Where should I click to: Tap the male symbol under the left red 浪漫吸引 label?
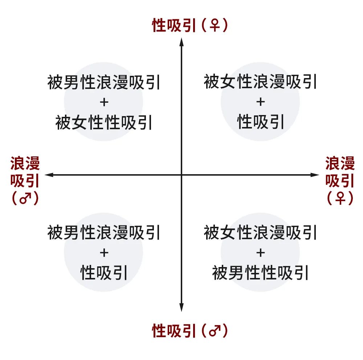[x=25, y=199]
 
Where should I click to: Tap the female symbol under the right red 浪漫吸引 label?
[x=340, y=199]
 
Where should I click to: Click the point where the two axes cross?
[x=181, y=175]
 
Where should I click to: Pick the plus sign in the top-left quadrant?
[x=104, y=102]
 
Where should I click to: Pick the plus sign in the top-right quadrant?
[x=260, y=102]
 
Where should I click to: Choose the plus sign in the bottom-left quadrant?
[x=104, y=253]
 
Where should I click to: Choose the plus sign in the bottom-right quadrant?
[x=260, y=253]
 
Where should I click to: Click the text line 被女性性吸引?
[x=104, y=123]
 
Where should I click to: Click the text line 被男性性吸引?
[x=260, y=273]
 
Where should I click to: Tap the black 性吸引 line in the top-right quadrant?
[x=260, y=123]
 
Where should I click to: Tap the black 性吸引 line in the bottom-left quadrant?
[x=104, y=273]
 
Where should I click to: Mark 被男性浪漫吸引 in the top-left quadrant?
[x=104, y=82]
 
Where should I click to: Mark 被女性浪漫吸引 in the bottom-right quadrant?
[x=260, y=233]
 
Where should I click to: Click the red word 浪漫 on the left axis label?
[x=25, y=164]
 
